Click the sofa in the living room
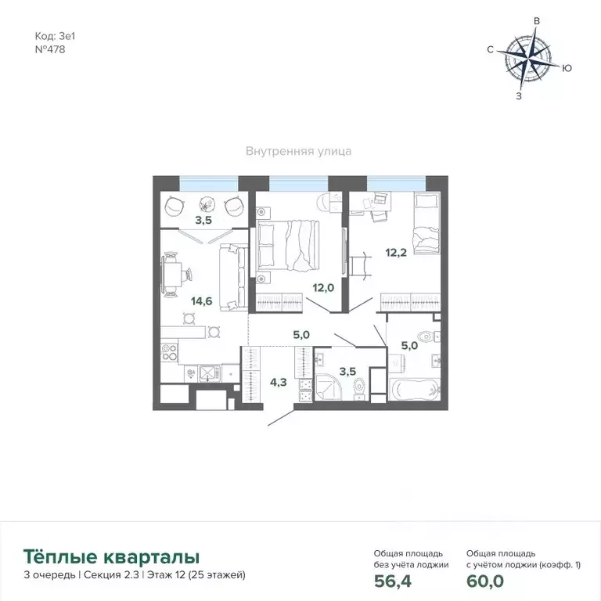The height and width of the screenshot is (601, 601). (x=233, y=275)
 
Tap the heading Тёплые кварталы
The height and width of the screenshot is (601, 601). (x=111, y=556)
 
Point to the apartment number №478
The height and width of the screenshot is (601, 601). (x=50, y=49)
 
